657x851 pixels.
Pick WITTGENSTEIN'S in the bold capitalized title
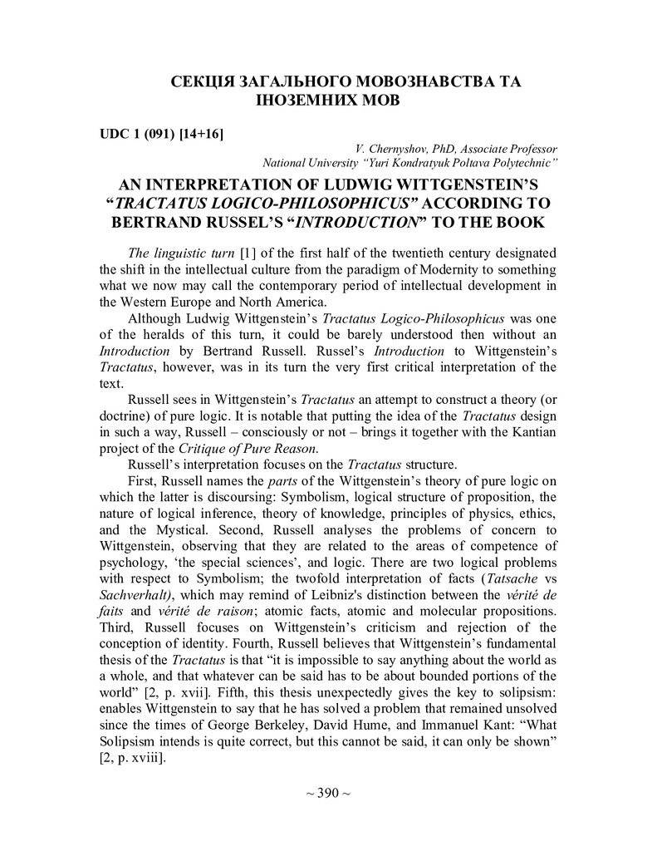click(x=471, y=184)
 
